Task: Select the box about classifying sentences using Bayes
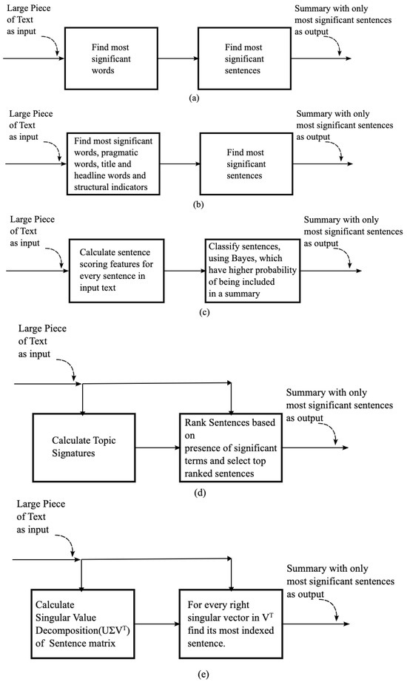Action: (249, 270)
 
